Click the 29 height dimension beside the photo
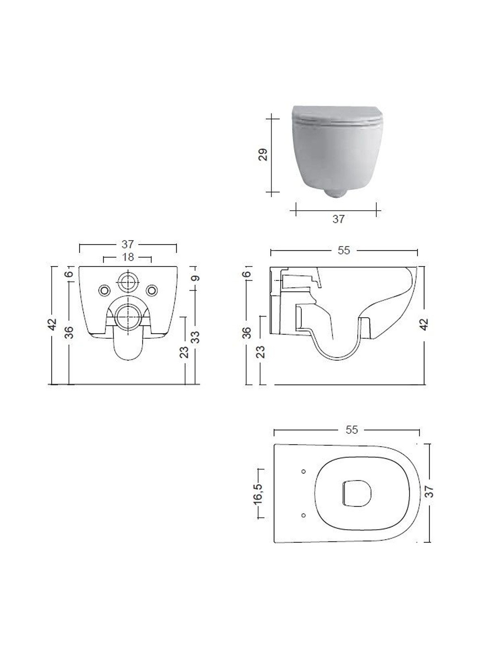(x=264, y=155)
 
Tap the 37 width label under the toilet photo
(x=338, y=219)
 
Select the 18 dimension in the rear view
(x=128, y=257)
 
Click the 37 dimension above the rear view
(x=128, y=244)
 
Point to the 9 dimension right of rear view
(x=196, y=278)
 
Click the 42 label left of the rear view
(x=53, y=325)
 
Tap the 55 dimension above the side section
(x=344, y=250)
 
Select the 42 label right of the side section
(x=425, y=325)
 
